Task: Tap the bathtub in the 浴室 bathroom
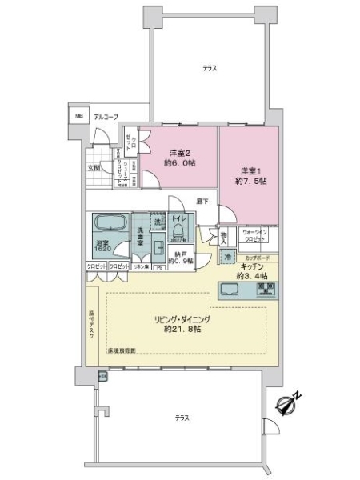tap(105, 224)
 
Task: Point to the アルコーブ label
tap(106, 118)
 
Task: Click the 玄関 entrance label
tap(94, 169)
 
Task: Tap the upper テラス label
tap(210, 70)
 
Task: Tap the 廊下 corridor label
tap(203, 201)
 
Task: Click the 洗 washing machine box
tap(158, 220)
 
